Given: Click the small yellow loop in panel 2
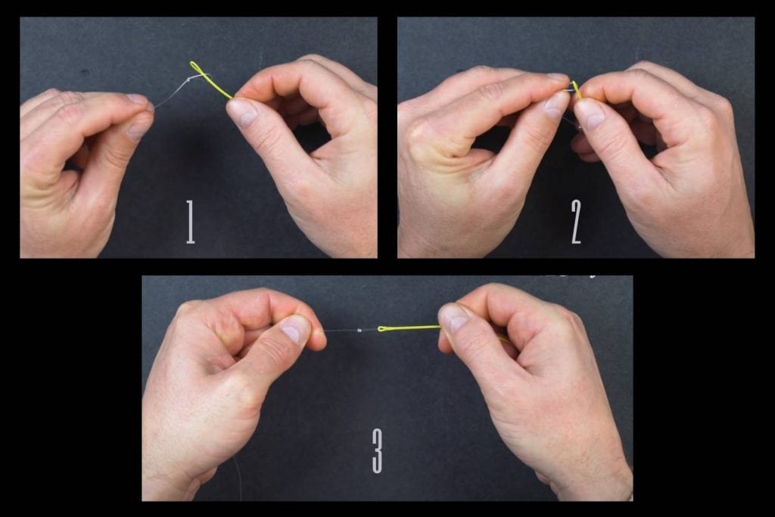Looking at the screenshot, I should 575,88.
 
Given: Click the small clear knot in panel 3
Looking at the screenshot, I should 359,330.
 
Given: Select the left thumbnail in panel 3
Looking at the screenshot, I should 295,329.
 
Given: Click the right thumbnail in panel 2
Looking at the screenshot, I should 591,114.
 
